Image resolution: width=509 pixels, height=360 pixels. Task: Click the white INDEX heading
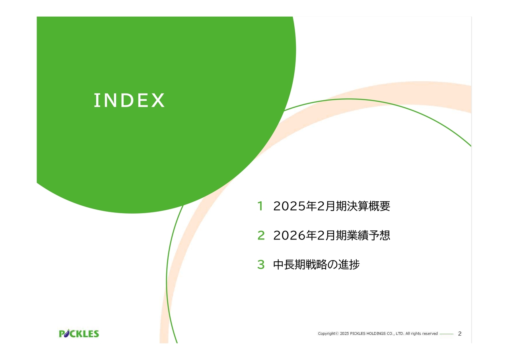(129, 100)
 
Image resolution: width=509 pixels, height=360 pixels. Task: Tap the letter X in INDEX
(158, 100)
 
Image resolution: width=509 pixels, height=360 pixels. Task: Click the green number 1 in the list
(260, 206)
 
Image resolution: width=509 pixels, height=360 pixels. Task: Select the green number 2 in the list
(261, 235)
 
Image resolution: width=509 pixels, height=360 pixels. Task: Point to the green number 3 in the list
(261, 265)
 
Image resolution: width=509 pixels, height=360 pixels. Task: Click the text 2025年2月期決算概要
(332, 206)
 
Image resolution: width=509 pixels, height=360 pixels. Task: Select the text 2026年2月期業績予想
(332, 235)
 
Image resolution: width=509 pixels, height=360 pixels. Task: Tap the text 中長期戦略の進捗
(316, 265)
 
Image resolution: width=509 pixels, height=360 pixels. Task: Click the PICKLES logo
(79, 333)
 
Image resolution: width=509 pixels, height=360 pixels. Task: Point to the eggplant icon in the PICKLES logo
(66, 333)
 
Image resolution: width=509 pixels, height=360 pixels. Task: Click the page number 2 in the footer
(460, 334)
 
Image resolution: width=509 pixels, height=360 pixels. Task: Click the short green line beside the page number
(447, 334)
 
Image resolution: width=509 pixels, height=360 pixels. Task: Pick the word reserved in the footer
(430, 333)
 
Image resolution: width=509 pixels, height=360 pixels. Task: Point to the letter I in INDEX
(97, 100)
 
